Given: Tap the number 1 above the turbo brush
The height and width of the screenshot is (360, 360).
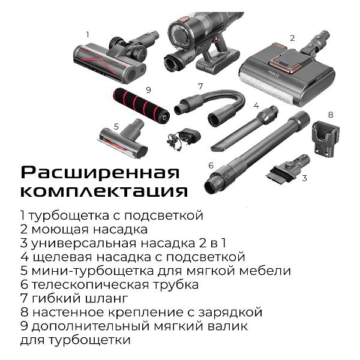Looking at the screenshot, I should click(88, 35).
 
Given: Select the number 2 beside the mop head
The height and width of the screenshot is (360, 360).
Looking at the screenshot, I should click(292, 38).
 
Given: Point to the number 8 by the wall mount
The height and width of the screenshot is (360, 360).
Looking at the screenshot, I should click(330, 114).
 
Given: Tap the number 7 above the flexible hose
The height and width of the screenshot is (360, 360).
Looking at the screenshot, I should click(200, 86).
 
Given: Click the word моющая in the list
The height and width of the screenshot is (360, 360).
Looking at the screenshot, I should click(55, 229).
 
